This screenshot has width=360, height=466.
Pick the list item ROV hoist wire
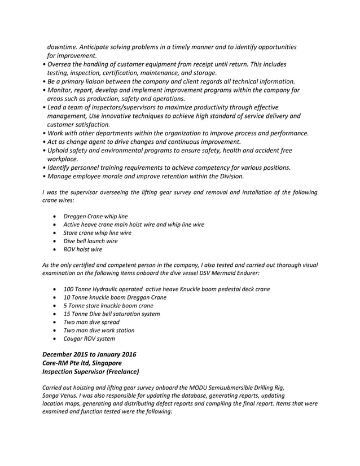pyautogui.click(x=83, y=249)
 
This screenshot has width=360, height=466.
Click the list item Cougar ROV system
pyautogui.click(x=89, y=338)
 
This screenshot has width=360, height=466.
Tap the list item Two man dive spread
pyautogui.click(x=91, y=322)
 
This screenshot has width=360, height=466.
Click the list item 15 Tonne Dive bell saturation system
pyautogui.click(x=111, y=314)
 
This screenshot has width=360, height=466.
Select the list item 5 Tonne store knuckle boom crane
pyautogui.click(x=108, y=306)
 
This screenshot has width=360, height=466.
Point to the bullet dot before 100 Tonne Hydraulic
pyautogui.click(x=53, y=289)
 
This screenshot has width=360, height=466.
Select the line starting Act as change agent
pyautogui.click(x=144, y=142)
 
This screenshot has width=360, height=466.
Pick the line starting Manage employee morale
pyautogui.click(x=146, y=176)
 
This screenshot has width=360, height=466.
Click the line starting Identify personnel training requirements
pyautogui.click(x=169, y=168)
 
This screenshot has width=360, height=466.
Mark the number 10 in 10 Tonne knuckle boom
pyautogui.click(x=67, y=297)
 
